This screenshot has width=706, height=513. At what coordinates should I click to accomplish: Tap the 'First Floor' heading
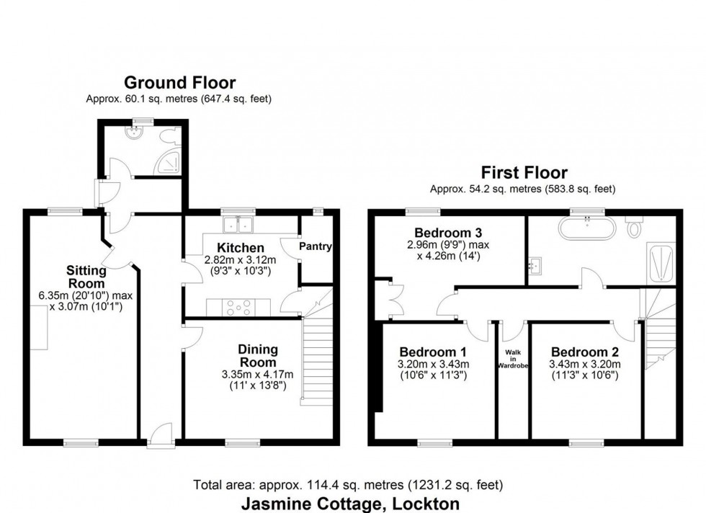[x=524, y=173]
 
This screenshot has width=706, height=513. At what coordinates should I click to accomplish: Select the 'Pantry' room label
[x=316, y=246]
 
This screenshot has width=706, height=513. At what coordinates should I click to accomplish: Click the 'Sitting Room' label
[x=86, y=277]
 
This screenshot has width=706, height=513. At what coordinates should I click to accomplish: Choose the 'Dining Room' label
[x=257, y=355]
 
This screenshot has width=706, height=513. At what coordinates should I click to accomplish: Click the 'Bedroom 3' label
[x=438, y=233]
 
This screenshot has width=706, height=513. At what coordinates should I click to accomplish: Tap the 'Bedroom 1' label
[x=434, y=352]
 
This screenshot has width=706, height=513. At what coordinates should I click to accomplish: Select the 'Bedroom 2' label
[x=584, y=352]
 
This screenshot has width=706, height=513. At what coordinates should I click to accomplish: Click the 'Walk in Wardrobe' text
[x=513, y=358]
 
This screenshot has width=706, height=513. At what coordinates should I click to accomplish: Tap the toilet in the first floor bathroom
[x=635, y=227]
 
